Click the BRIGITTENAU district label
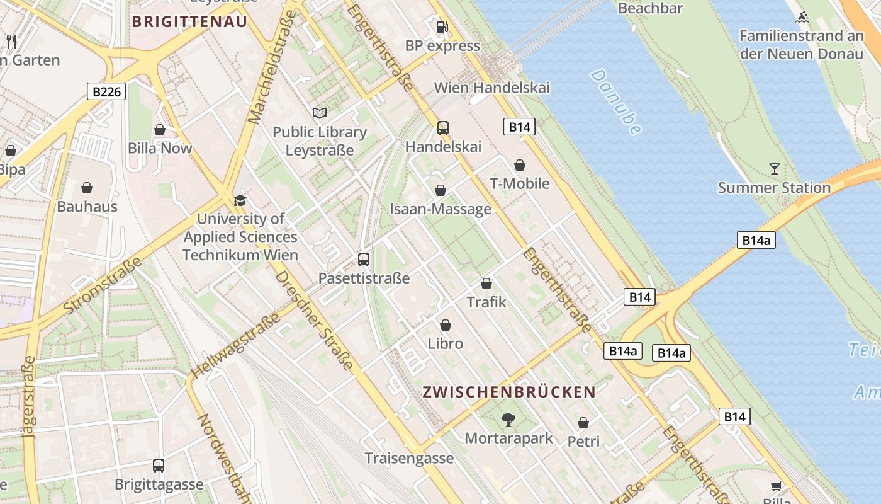[189, 21]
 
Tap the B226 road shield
[106, 92]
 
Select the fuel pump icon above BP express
[443, 27]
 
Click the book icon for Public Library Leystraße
[320, 113]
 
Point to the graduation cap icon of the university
[240, 200]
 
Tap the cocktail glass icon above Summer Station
[774, 169]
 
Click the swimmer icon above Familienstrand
[801, 17]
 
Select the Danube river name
[615, 101]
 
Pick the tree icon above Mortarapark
[508, 419]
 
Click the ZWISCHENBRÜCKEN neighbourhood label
[509, 392]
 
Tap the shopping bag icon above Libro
[446, 325]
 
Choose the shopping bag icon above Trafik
[486, 283]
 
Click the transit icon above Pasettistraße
[364, 259]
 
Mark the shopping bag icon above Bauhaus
[87, 188]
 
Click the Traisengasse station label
[409, 458]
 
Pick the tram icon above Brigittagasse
[159, 466]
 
